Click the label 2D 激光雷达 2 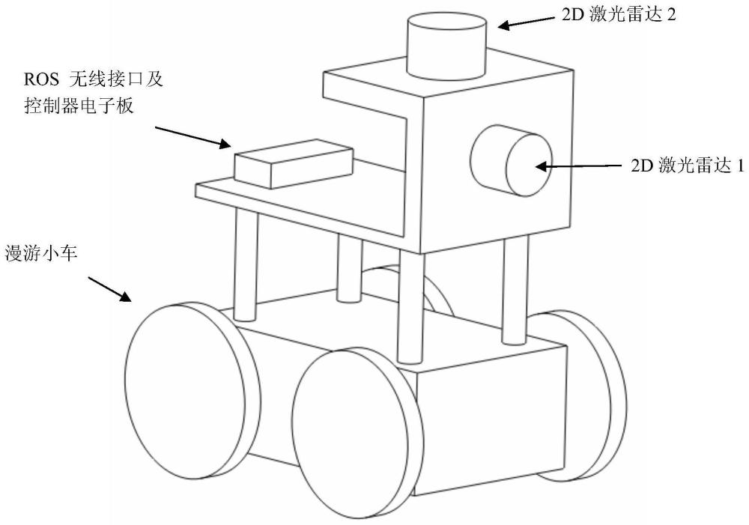619,15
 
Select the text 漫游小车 46,251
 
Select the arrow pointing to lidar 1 580,166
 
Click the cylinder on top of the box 446,46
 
